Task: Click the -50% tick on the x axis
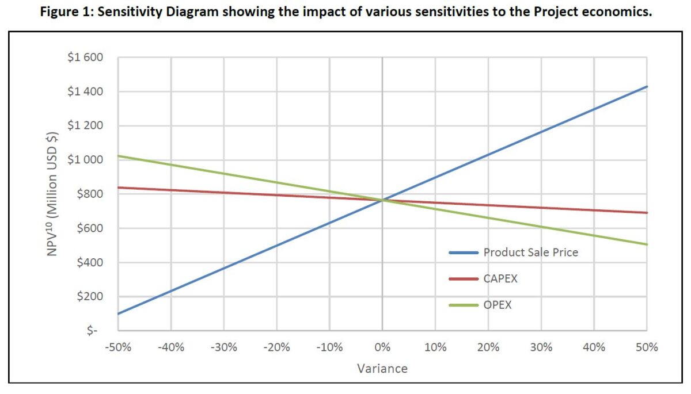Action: [118, 347]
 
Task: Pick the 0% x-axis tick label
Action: [382, 347]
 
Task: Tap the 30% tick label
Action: [541, 347]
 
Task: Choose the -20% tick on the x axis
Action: [276, 347]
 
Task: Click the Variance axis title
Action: [382, 369]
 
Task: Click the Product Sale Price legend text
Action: [530, 252]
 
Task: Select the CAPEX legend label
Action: [500, 278]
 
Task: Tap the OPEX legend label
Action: [497, 305]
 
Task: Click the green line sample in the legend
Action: [463, 305]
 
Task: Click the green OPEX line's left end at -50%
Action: [118, 156]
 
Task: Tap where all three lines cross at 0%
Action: [382, 200]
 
